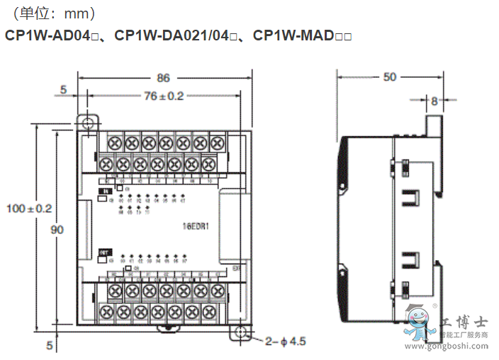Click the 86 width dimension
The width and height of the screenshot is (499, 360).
[163, 78]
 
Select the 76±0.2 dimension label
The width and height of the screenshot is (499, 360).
[163, 96]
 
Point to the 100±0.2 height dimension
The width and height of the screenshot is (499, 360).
[29, 208]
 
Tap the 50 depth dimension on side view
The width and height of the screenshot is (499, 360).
[390, 77]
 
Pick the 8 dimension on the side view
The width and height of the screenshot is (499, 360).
[434, 101]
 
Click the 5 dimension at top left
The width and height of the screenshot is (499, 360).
[63, 90]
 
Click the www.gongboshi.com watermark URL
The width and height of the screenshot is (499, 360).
[450, 345]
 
